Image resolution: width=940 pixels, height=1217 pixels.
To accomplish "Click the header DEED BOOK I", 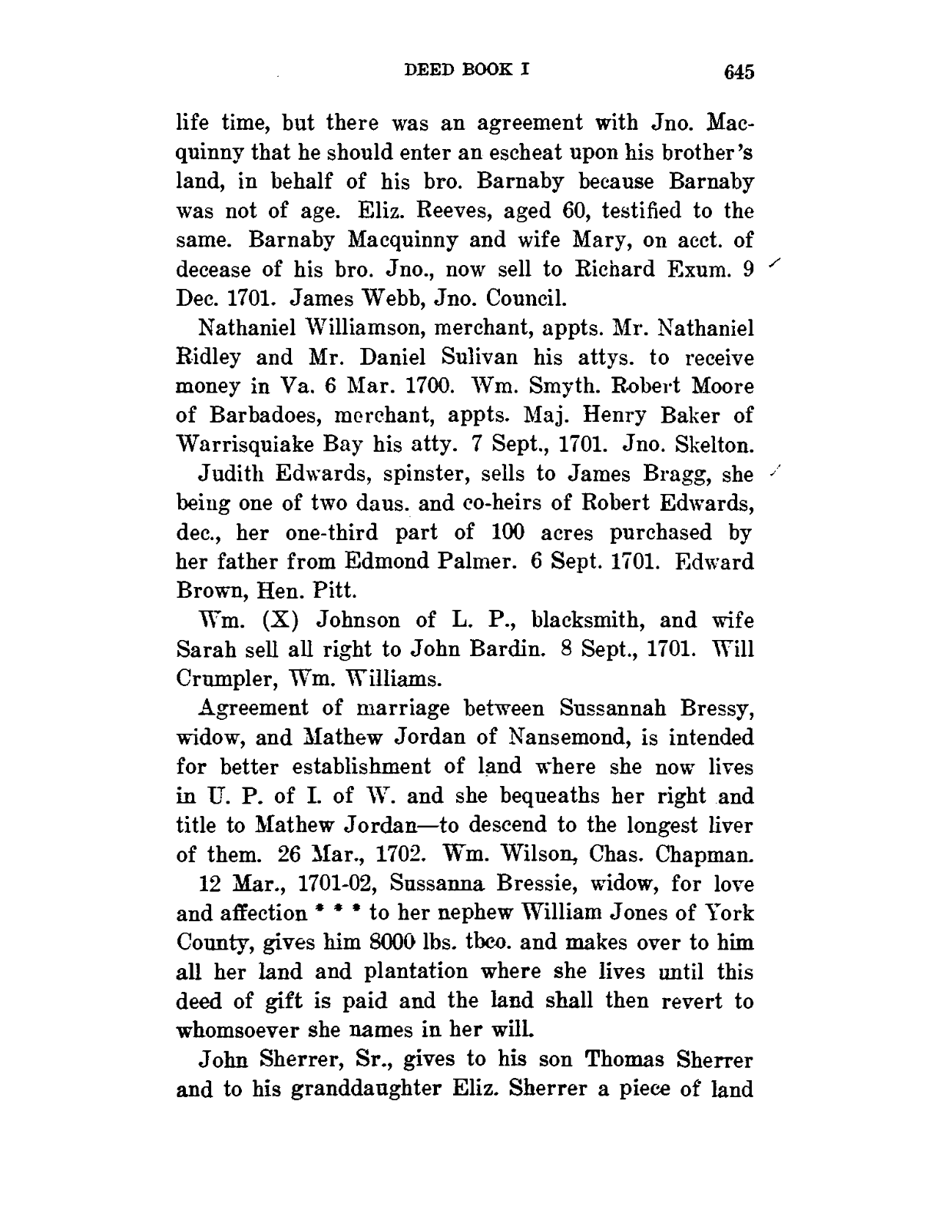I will point(467,70).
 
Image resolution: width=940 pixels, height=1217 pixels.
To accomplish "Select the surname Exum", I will point(697,270).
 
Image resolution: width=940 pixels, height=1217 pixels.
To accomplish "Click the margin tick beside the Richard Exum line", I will point(776,266).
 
